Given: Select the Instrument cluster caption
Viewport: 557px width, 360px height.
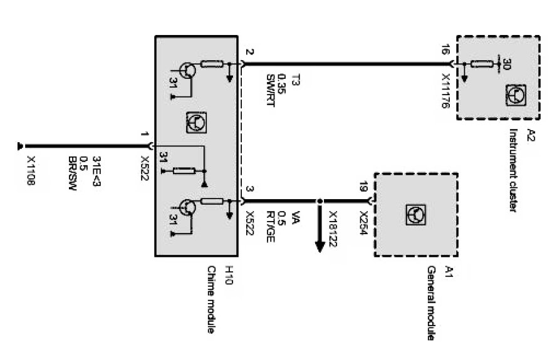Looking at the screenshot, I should (x=513, y=170).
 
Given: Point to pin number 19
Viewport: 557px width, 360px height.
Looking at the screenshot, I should (x=363, y=185).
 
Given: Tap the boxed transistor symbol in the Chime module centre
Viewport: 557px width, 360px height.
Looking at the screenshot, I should (x=196, y=123).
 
